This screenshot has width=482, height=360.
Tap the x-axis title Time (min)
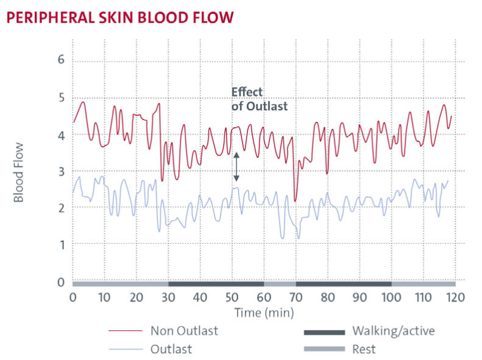click(264, 312)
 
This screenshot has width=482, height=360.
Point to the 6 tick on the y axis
click(60, 60)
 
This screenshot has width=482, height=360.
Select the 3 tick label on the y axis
click(60, 172)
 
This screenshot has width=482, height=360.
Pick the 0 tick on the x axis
click(73, 298)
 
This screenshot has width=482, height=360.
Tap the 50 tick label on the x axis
click(232, 298)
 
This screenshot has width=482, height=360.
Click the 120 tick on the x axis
click(455, 298)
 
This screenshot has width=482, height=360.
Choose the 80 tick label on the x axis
click(328, 298)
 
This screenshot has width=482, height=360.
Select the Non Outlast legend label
click(183, 332)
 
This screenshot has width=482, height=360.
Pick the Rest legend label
click(364, 350)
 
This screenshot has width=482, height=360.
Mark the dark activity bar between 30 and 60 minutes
click(216, 283)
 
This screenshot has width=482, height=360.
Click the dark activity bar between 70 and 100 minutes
click(344, 283)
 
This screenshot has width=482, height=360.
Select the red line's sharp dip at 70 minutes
click(295, 200)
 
